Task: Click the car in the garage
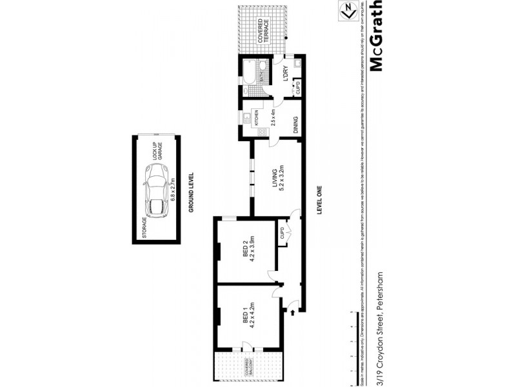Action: coord(157,191)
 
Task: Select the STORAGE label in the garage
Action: coord(144,228)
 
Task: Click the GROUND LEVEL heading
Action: coord(192,194)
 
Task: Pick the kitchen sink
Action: coord(247,117)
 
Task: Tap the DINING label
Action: coord(295,124)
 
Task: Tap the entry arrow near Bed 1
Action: coord(293,313)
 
